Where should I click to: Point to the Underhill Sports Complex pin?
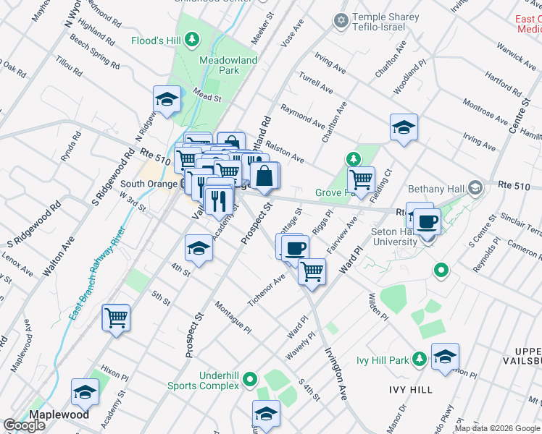pos(250,378)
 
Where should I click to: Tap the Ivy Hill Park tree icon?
pos(419,359)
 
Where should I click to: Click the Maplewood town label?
pos(59,414)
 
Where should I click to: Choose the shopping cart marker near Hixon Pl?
pos(116,318)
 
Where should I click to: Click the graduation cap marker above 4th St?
pos(199,249)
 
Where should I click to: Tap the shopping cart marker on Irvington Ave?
pos(312,272)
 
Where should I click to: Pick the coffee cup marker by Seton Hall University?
pos(428,221)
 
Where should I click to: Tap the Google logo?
pos(24,425)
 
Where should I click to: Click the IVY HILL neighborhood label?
pos(410,390)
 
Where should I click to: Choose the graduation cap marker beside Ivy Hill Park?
pos(445,357)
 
